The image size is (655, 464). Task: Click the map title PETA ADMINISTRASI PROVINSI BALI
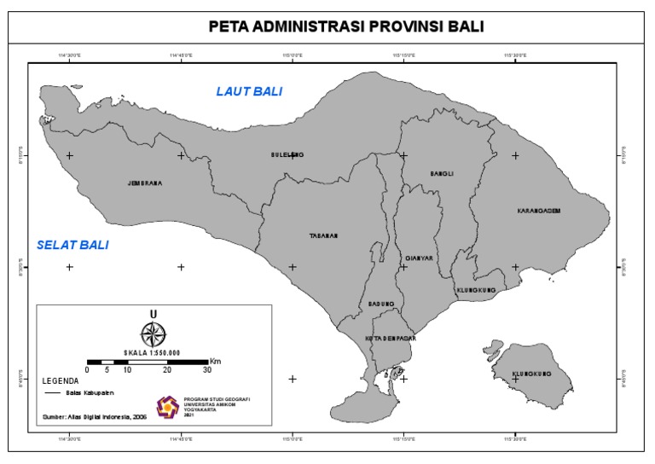346,27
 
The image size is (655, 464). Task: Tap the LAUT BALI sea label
249,91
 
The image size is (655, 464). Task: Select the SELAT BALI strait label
72,246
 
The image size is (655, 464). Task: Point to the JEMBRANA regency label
144,183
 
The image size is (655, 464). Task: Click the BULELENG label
287,154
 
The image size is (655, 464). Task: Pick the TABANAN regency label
324,236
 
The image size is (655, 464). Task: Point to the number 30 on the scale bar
207,370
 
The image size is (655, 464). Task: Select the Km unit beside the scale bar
215,362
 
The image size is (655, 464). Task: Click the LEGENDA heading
61,380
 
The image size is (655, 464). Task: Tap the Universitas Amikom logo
170,407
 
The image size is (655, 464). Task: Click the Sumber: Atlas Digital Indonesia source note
95,415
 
